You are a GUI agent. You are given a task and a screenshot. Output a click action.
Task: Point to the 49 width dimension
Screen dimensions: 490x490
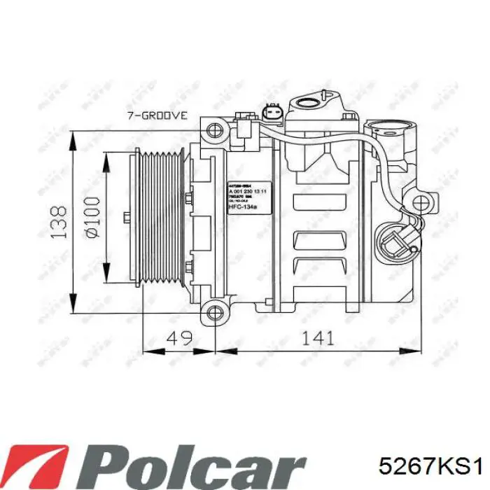tap(178, 338)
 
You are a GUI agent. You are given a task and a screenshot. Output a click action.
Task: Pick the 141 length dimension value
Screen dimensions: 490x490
tap(316, 338)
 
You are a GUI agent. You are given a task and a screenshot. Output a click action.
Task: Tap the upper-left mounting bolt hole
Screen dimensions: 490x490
tap(213, 129)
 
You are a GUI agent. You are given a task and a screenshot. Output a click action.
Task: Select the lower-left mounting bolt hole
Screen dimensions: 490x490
tap(213, 312)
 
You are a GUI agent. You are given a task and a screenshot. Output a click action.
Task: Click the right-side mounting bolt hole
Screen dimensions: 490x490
tap(420, 204)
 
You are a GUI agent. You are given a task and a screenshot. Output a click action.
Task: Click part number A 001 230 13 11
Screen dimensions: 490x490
tap(246, 190)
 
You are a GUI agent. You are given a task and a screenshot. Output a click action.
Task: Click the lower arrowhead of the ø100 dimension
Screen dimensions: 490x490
tap(106, 277)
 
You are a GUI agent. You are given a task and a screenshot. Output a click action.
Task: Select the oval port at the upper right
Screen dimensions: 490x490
tap(390, 129)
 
